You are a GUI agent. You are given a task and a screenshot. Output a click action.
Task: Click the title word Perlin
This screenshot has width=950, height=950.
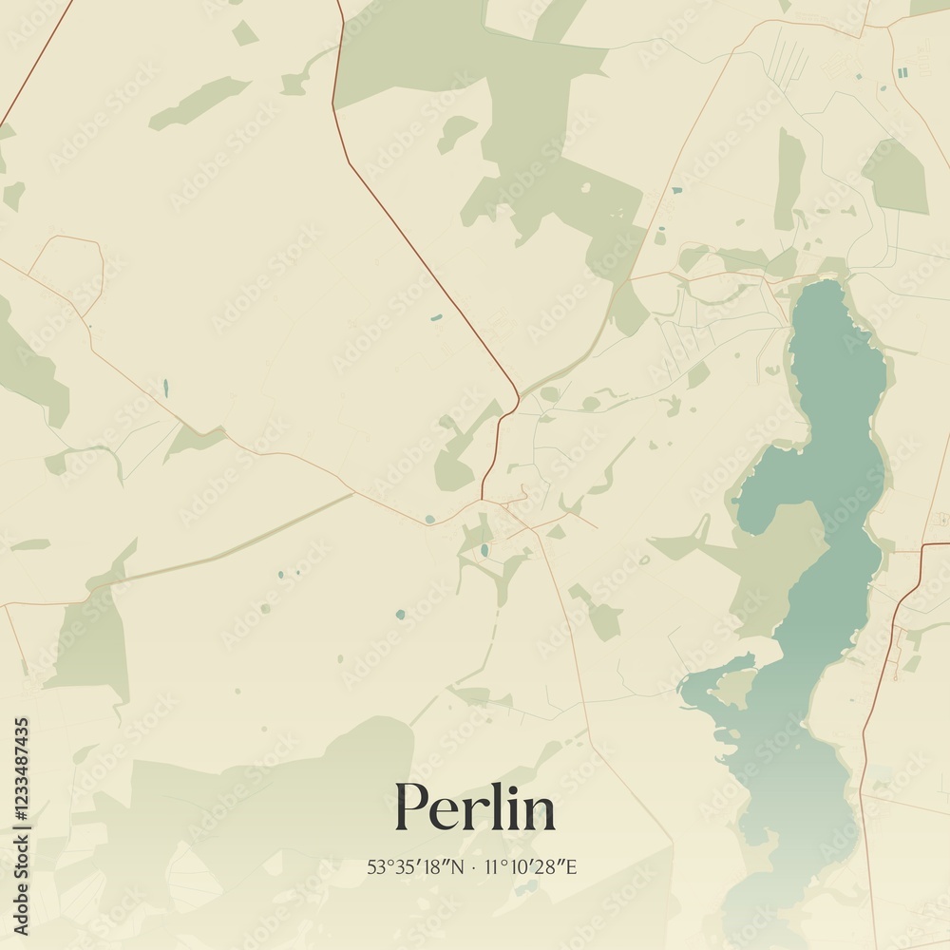pyautogui.click(x=475, y=807)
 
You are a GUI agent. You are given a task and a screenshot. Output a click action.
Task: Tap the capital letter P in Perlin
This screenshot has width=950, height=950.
pyautogui.click(x=409, y=807)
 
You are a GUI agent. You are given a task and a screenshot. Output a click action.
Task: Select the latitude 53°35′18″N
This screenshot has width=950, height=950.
pyautogui.click(x=417, y=867)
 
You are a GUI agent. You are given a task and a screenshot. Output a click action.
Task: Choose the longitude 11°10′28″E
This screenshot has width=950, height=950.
pyautogui.click(x=532, y=867)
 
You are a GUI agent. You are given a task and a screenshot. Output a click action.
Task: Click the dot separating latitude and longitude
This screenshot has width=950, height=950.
pyautogui.click(x=473, y=867)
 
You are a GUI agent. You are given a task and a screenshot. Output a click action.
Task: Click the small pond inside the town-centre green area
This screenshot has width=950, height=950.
pyautogui.click(x=484, y=549)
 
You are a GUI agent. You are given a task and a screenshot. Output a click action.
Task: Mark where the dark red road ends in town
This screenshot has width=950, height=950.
pyautogui.click(x=483, y=498)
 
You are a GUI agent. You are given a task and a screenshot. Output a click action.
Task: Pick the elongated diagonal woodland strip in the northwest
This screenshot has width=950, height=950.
pyautogui.click(x=199, y=102)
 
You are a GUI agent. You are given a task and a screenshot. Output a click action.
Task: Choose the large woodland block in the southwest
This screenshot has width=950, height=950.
pyautogui.click(x=90, y=646)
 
